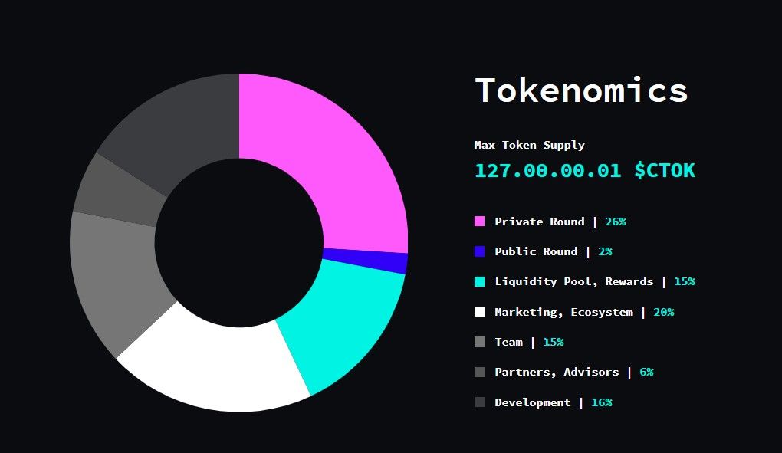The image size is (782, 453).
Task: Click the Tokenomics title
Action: click(581, 90)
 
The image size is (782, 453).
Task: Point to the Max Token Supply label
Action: click(529, 145)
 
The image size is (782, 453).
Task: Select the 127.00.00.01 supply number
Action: click(547, 170)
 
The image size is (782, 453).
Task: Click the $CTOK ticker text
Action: click(665, 170)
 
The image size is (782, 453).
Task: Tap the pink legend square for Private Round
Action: click(480, 222)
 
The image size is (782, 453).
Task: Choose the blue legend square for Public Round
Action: click(480, 251)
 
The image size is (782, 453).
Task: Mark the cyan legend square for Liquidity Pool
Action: click(480, 281)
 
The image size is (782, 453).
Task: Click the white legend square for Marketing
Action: click(480, 312)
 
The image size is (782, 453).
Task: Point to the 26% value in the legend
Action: click(616, 222)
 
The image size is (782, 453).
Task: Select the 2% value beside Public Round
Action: click(606, 251)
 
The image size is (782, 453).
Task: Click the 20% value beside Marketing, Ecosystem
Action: click(664, 312)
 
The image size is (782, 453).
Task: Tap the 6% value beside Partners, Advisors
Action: click(646, 372)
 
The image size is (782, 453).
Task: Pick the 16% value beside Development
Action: click(602, 402)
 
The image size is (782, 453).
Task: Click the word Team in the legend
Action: click(508, 342)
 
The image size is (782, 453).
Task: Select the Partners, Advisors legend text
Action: click(557, 372)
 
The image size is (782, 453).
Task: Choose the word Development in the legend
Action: click(532, 402)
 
